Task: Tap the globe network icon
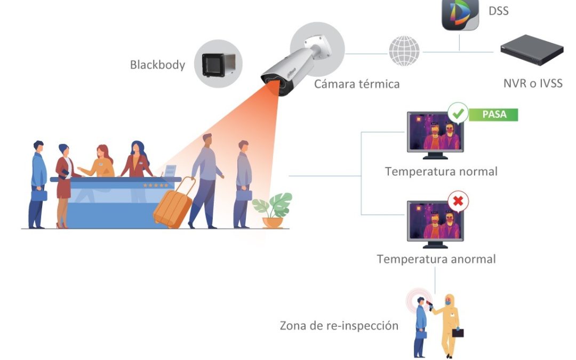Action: (404, 51)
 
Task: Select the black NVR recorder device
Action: (532, 50)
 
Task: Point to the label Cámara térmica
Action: (356, 84)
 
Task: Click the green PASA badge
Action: (493, 114)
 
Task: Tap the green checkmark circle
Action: (458, 113)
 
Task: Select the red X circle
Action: (458, 202)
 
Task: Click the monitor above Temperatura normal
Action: (434, 134)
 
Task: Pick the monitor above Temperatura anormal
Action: (434, 223)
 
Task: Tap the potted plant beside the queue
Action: (273, 210)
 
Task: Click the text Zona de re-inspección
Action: (339, 325)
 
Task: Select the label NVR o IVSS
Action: (532, 83)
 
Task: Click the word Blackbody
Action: (157, 65)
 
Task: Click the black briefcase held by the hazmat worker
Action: (458, 333)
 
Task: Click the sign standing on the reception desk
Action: (170, 171)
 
